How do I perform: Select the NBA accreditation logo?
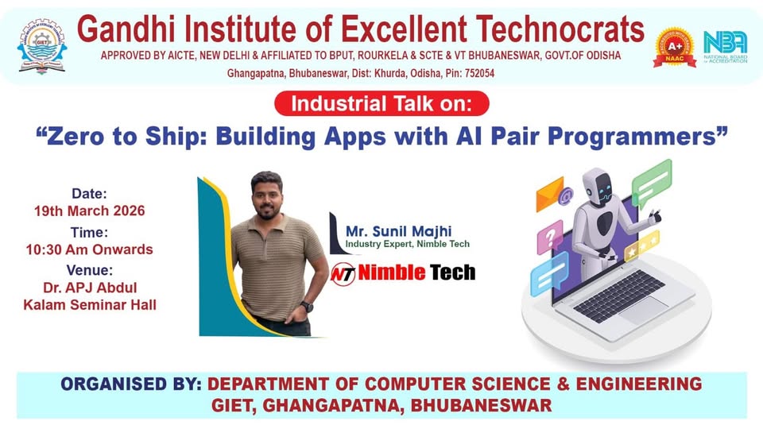point(725,46)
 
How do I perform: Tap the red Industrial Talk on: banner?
point(381,104)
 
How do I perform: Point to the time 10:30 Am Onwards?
point(89,249)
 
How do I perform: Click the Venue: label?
point(89,269)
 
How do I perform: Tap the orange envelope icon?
point(552,193)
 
